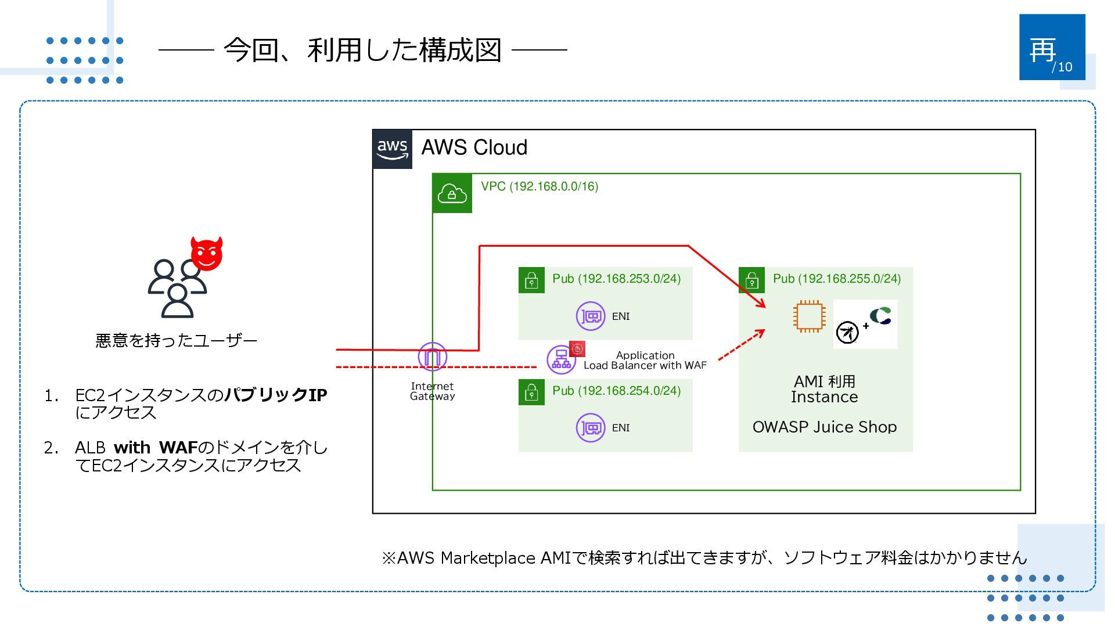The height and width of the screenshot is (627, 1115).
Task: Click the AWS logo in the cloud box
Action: [393, 149]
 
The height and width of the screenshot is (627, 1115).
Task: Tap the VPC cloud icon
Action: [452, 193]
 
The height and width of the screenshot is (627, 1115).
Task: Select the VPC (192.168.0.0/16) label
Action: [539, 186]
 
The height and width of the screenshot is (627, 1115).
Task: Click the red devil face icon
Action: [207, 253]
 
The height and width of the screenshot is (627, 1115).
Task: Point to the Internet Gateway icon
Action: [433, 356]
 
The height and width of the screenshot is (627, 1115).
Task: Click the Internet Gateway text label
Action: [433, 391]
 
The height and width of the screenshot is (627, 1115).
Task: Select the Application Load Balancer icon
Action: [561, 359]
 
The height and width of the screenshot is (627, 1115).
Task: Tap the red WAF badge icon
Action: [577, 348]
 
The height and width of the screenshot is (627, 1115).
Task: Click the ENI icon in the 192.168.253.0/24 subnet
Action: [591, 316]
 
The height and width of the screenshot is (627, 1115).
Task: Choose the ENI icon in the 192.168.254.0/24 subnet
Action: [591, 428]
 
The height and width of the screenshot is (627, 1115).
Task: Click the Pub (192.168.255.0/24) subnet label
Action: [837, 279]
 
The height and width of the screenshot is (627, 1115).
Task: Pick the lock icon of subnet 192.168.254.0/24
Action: [531, 392]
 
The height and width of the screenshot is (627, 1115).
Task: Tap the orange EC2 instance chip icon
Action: [810, 316]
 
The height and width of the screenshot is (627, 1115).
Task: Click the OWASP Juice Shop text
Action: [825, 427]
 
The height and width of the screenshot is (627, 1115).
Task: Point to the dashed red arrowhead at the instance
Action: [760, 333]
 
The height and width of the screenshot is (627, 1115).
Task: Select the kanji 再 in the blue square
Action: [1042, 50]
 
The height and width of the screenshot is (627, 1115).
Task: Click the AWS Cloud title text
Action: [474, 147]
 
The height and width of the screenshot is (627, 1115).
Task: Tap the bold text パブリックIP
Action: [276, 395]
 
